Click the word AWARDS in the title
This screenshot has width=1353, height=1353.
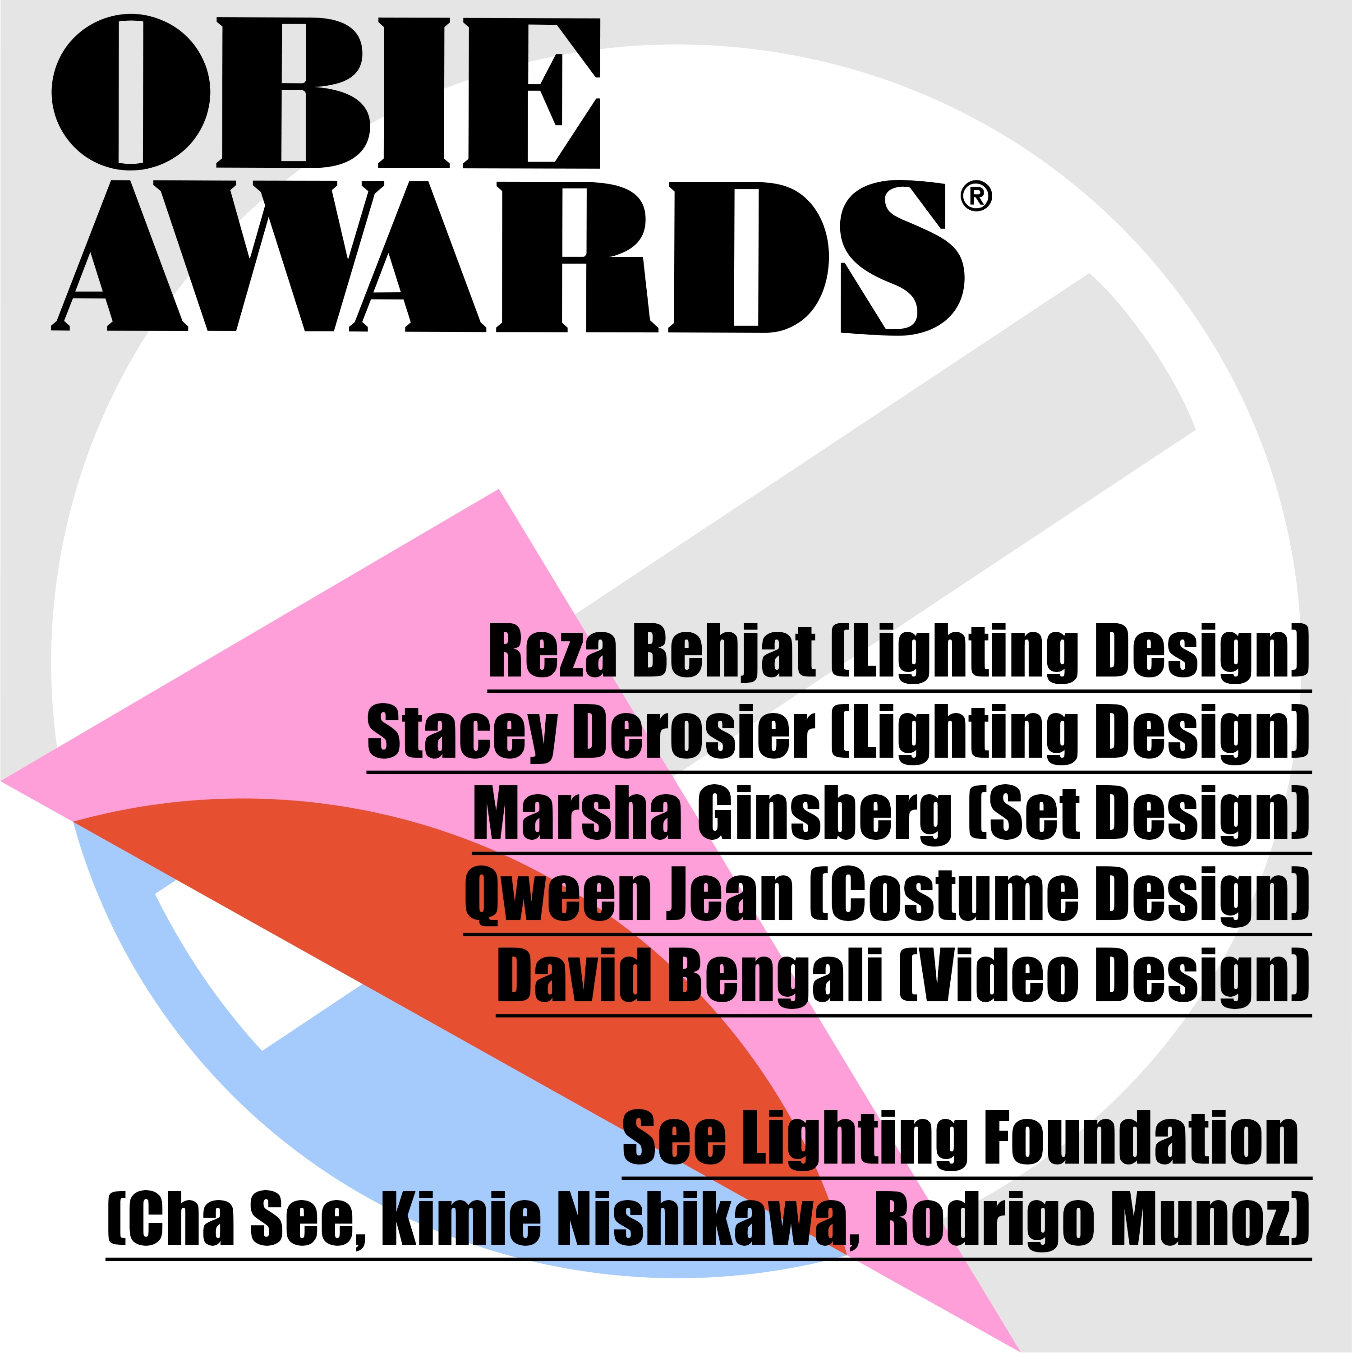point(508,257)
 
